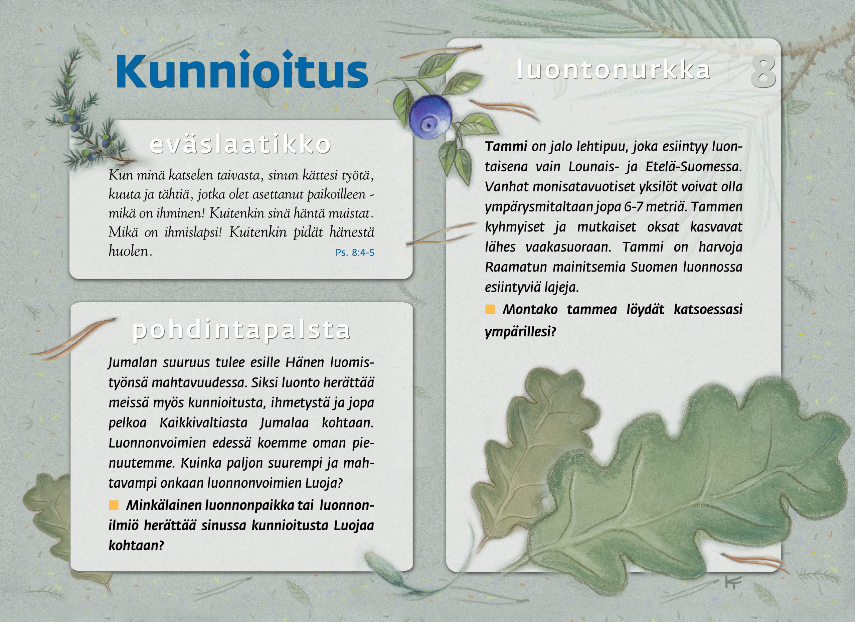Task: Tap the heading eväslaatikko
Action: click(240, 144)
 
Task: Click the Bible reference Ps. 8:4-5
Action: click(355, 253)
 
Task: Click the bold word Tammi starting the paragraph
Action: click(506, 147)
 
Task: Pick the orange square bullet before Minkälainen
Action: click(114, 505)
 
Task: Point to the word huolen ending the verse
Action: click(130, 252)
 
